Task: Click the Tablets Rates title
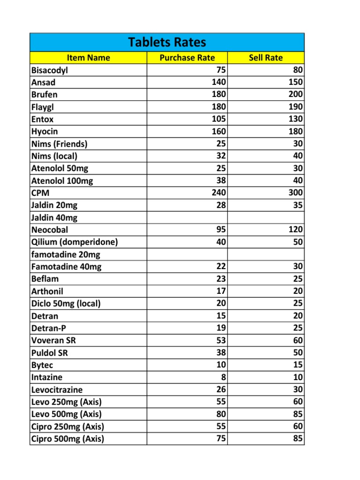tap(167, 42)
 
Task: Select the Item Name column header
tap(89, 58)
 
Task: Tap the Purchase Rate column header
tap(187, 58)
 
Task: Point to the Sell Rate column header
tap(266, 58)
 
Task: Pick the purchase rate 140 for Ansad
tap(219, 82)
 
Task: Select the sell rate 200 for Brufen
tap(296, 95)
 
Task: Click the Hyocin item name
tap(45, 131)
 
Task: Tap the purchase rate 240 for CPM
tap(219, 193)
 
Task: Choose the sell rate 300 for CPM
tap(296, 193)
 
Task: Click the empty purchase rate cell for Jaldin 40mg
tap(187, 217)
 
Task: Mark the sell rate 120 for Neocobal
tap(296, 230)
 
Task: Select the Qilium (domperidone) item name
tap(75, 242)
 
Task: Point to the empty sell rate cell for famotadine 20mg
tap(266, 254)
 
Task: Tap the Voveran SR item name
tap(53, 340)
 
